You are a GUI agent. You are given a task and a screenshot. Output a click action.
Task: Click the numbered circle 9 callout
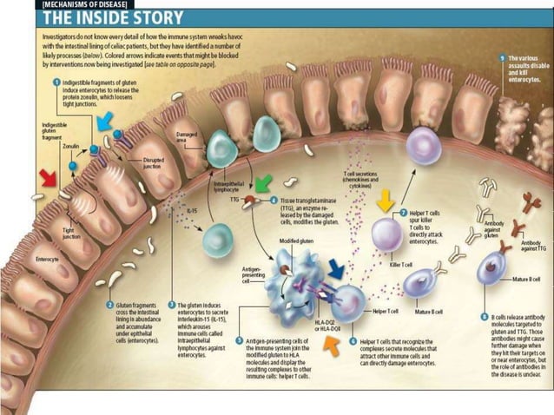[x=502, y=58]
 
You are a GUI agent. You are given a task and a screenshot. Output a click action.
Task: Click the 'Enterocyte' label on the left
[x=46, y=259]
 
